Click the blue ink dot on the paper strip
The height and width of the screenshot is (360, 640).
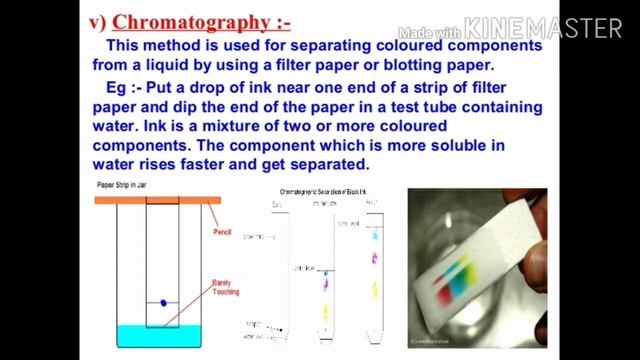tap(163, 302)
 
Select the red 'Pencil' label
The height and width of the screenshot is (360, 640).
tap(222, 233)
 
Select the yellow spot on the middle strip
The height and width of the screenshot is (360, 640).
tap(326, 309)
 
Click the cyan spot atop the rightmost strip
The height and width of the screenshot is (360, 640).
tap(374, 236)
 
